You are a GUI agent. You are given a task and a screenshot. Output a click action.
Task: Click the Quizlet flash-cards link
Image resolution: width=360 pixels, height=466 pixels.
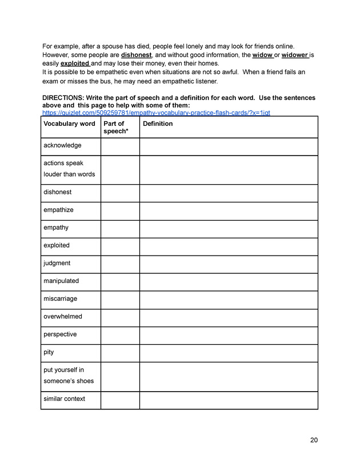(156, 113)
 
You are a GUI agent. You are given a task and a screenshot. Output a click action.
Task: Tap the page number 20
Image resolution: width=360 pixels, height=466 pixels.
(314, 440)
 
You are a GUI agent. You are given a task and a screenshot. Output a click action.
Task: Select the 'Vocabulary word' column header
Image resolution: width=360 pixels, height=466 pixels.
(69, 124)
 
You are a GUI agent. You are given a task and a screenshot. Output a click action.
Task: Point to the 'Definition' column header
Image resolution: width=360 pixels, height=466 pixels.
(158, 124)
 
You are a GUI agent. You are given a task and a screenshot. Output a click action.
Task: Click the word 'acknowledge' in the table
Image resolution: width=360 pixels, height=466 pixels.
(62, 145)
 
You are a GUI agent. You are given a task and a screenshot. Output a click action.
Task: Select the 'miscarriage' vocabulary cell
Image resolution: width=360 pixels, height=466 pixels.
(60, 298)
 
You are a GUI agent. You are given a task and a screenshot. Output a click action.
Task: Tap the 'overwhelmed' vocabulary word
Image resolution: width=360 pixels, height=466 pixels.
(62, 316)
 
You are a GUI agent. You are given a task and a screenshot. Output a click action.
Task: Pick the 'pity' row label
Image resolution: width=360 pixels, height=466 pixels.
(49, 352)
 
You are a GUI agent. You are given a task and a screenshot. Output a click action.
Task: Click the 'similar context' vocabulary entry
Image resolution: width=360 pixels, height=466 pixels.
(64, 399)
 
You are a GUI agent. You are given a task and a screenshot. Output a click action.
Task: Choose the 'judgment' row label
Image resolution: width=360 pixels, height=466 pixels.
(57, 263)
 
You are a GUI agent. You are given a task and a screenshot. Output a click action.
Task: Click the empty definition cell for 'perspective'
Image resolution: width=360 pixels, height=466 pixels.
(229, 334)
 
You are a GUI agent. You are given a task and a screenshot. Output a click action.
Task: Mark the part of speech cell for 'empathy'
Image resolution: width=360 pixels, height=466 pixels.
(120, 228)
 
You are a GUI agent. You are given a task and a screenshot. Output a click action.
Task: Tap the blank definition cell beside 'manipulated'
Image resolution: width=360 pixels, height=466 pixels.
(229, 281)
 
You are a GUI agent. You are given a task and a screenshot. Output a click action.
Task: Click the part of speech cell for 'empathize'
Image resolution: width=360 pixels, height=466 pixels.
(120, 210)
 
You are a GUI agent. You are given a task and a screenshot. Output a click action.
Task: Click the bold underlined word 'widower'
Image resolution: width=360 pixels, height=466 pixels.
(295, 55)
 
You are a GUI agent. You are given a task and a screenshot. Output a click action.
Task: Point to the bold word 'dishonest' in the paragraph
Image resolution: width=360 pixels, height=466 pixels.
(136, 55)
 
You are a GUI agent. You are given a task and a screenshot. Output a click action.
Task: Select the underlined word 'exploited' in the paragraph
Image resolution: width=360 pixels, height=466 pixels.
(74, 63)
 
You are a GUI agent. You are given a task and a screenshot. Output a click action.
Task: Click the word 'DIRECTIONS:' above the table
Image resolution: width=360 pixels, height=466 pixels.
(63, 98)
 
